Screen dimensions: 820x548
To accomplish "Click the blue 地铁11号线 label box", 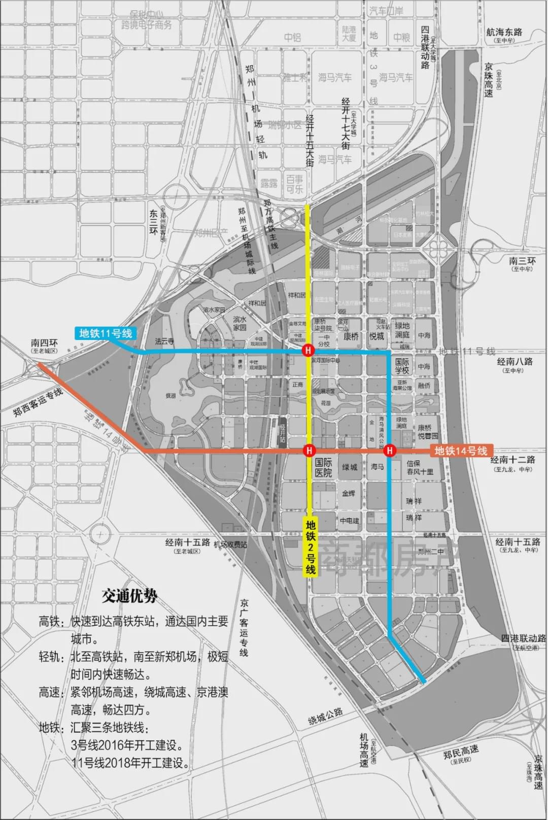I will (106, 333).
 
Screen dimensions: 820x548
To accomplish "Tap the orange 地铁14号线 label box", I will (461, 451).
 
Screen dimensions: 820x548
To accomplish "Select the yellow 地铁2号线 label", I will (311, 547).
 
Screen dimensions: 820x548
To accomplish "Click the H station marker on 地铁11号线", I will (307, 351).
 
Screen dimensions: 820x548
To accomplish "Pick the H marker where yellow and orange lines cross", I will (309, 451).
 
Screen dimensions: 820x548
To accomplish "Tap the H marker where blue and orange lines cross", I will (389, 451).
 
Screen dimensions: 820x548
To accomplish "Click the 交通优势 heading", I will (129, 596).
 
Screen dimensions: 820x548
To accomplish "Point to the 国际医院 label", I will (323, 467).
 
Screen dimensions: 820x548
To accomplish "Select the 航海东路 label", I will (504, 32).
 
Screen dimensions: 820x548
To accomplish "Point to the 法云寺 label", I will (164, 341).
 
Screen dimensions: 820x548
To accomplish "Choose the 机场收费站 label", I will (230, 544).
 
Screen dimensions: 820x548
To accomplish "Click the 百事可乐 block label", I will (295, 184).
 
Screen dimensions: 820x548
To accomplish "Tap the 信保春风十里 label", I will (420, 467).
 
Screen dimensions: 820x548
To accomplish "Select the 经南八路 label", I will (515, 361).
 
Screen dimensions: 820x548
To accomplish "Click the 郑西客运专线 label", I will (38, 401).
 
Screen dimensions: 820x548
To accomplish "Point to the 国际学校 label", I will (402, 366).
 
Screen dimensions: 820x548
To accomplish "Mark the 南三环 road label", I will (522, 261).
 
